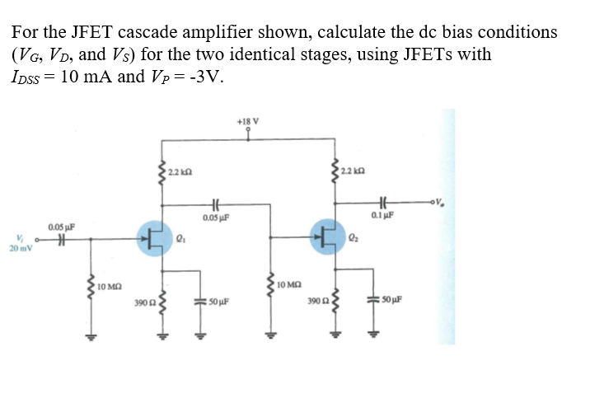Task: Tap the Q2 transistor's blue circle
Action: pos(328,237)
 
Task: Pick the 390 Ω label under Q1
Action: pos(143,305)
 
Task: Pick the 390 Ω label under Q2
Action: pos(316,304)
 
